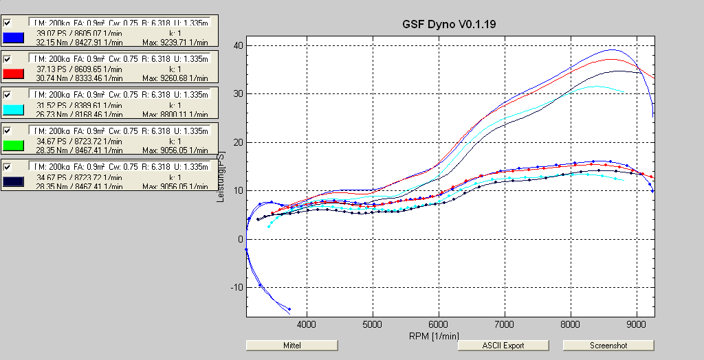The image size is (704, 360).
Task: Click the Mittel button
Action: point(291,345)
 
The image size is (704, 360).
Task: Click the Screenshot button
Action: point(608,345)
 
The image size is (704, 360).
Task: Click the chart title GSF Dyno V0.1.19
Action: point(450,24)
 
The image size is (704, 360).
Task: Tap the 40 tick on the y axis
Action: point(239,45)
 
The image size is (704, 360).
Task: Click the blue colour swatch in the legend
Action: point(14,37)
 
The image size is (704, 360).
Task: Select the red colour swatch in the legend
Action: point(14,74)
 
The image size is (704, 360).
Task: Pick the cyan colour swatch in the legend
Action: point(14,110)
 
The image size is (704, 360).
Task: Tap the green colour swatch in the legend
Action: point(14,146)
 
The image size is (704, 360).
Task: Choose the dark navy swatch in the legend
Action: point(14,181)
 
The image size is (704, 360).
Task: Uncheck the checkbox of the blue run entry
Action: point(8,23)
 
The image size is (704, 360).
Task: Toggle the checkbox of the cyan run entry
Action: point(8,94)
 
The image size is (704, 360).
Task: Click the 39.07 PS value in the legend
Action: point(49,32)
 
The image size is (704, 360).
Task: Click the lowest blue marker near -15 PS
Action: point(289,309)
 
